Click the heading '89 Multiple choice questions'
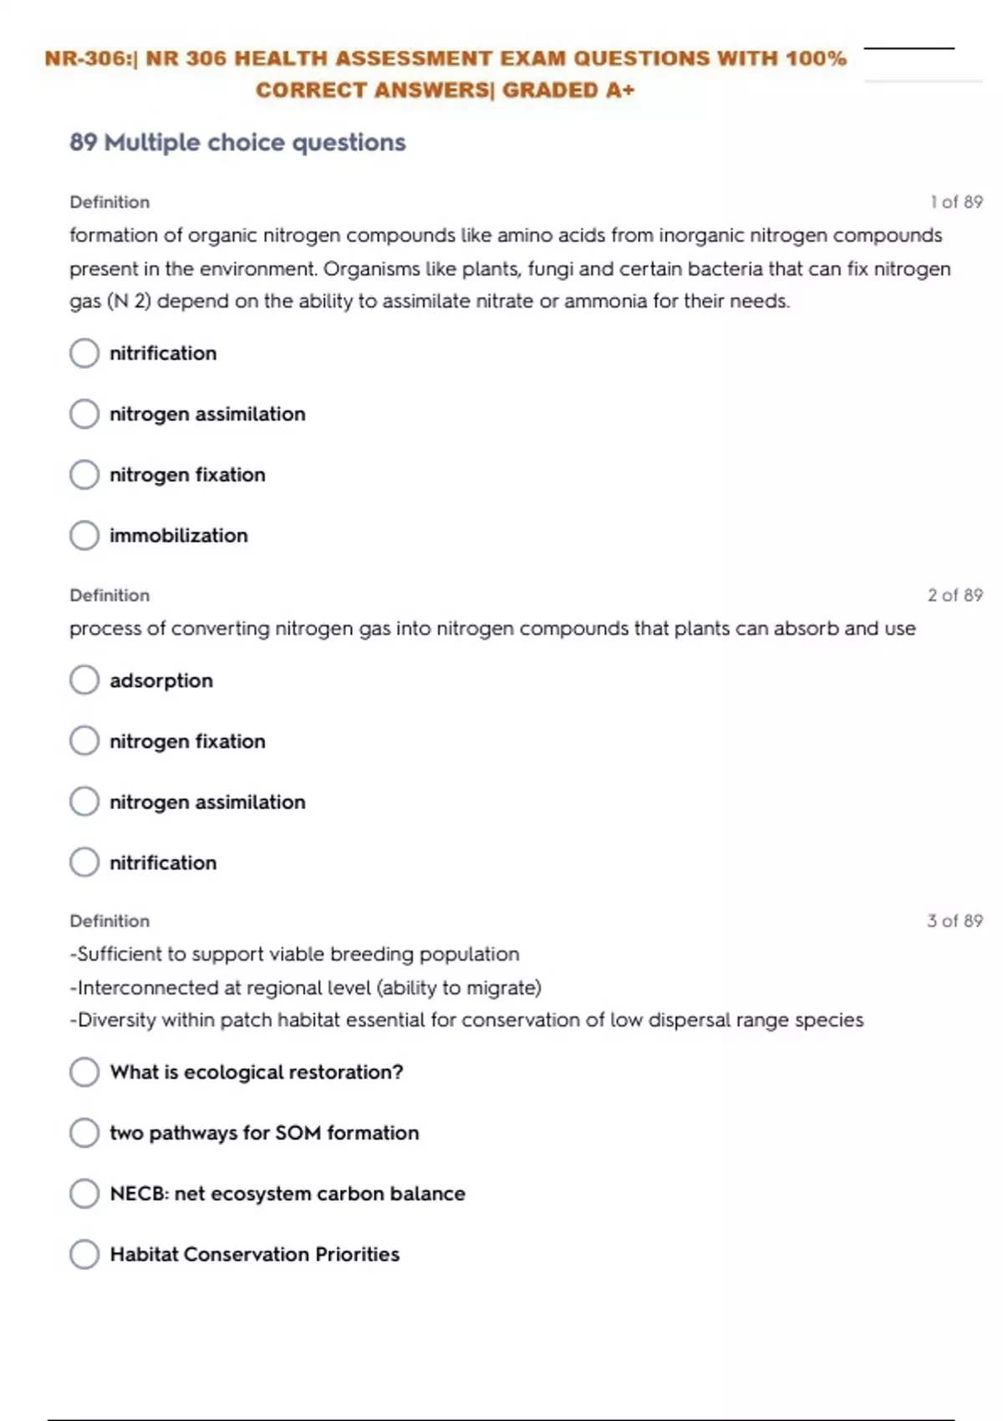(237, 143)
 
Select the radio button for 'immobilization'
(84, 535)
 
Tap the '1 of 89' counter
(956, 202)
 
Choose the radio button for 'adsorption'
(84, 680)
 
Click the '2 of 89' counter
(955, 595)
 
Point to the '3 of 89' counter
(955, 921)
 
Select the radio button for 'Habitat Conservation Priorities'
(84, 1254)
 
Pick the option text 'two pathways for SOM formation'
(264, 1133)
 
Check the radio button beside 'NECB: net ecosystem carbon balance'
(84, 1194)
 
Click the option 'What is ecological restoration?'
(256, 1072)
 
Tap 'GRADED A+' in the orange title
(568, 90)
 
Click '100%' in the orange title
(816, 59)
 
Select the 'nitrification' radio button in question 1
(84, 353)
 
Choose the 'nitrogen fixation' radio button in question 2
(84, 741)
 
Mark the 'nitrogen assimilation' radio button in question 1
(84, 414)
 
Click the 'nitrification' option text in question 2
(163, 863)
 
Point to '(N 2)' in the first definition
(130, 302)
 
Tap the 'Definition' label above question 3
(109, 921)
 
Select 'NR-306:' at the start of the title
(90, 59)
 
